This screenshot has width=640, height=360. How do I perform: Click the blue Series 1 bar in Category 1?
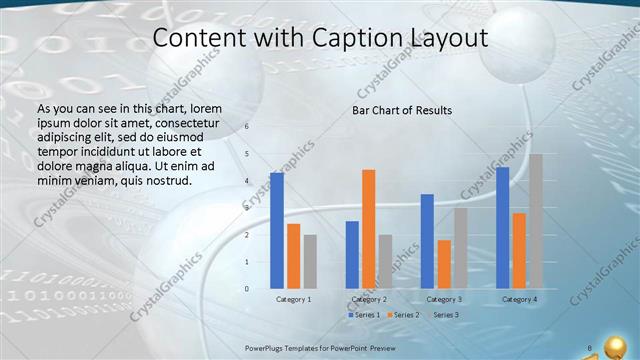tap(277, 230)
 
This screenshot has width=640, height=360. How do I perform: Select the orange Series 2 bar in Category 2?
tap(369, 229)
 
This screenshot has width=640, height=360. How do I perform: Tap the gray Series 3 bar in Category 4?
tap(536, 221)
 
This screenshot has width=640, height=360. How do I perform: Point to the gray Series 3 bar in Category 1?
tap(310, 262)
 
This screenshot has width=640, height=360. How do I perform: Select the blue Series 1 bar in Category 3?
tap(427, 241)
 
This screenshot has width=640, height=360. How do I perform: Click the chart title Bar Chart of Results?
tap(402, 110)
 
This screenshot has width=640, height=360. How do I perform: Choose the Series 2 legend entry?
tap(402, 315)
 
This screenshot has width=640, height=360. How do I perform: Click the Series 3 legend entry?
tap(442, 315)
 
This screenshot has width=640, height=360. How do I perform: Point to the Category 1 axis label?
tap(293, 299)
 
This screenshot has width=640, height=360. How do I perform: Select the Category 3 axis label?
tap(443, 299)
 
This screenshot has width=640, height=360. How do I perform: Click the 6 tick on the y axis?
tap(247, 127)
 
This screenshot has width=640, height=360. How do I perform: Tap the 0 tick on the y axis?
tap(247, 289)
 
